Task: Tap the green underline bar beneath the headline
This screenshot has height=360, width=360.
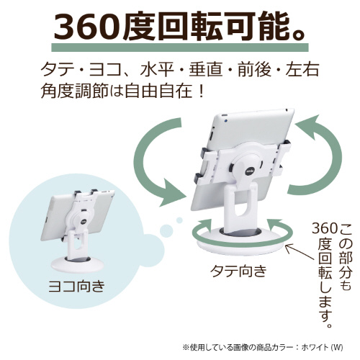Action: (180, 48)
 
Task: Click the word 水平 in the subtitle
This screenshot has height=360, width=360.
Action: (157, 70)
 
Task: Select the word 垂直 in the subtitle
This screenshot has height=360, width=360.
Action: (206, 70)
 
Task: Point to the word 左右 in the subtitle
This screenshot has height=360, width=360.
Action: (302, 70)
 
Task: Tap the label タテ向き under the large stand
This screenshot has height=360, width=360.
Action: (238, 271)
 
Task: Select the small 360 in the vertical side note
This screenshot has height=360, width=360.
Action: (325, 228)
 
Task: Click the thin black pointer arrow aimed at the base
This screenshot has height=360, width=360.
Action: (300, 253)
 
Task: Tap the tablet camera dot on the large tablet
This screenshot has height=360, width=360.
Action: (225, 121)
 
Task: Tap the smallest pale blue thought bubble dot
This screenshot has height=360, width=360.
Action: (179, 220)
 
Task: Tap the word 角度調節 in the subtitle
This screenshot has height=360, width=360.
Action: (74, 91)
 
